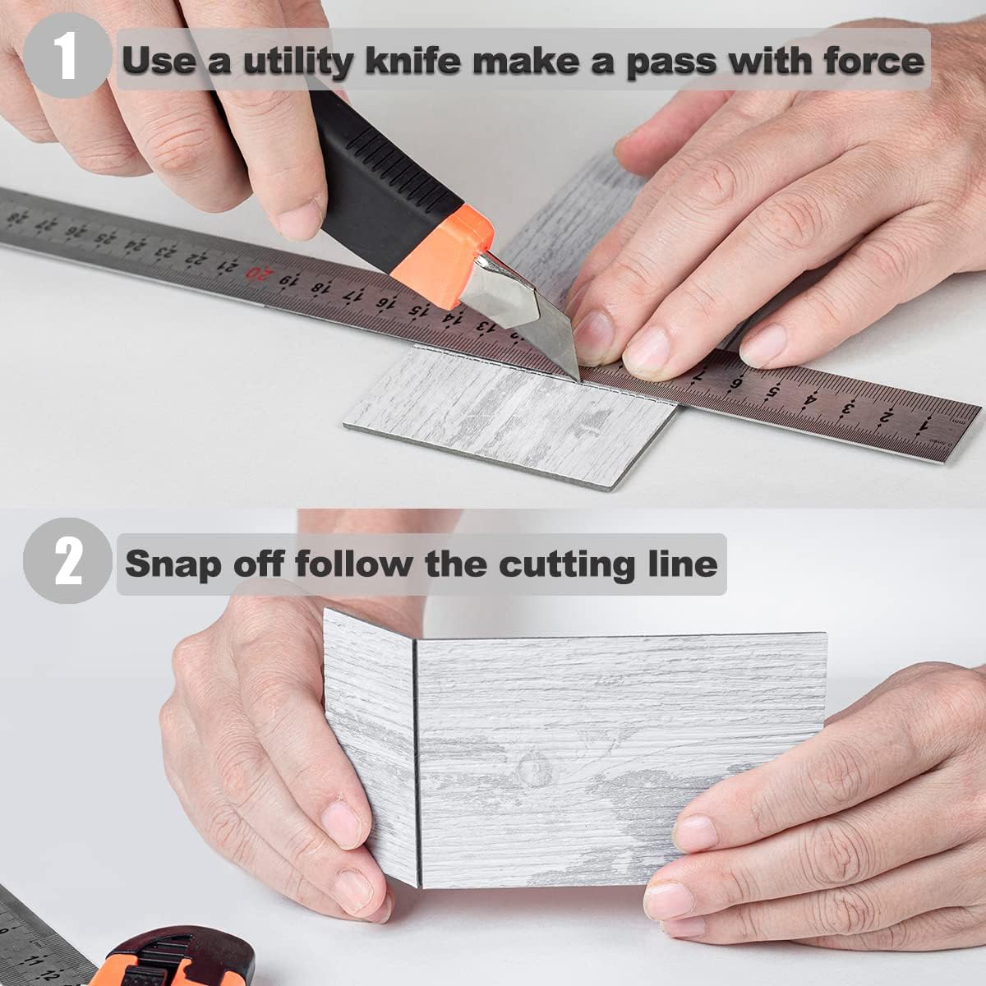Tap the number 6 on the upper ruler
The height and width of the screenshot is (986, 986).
coord(737,383)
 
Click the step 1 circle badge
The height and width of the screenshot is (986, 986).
coord(67,56)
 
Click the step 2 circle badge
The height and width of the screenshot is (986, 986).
coord(67,561)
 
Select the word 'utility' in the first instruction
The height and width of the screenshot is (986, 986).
coord(297,62)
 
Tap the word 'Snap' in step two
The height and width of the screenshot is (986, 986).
coord(174,564)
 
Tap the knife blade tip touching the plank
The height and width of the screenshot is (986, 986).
coord(578,380)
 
